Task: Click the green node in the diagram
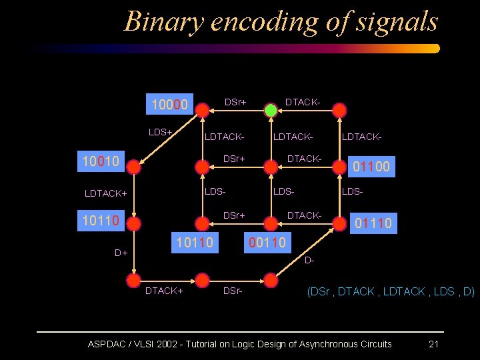[271, 110]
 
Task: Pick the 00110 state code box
[267, 243]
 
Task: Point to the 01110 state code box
[373, 223]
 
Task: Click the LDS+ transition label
[160, 132]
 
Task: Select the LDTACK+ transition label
[106, 193]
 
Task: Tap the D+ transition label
[121, 253]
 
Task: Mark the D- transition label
[309, 259]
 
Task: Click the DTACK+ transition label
[164, 291]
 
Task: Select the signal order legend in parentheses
[390, 291]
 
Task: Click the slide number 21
[433, 344]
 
